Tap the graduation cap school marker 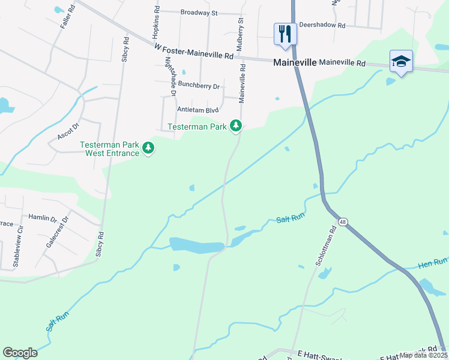tap(401, 61)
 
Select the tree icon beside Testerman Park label tap(237, 126)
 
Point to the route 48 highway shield tap(342, 221)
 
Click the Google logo tap(20, 353)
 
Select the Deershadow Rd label tap(325, 26)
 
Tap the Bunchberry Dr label tap(199, 86)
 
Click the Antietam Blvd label tap(197, 110)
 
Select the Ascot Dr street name tap(68, 132)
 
